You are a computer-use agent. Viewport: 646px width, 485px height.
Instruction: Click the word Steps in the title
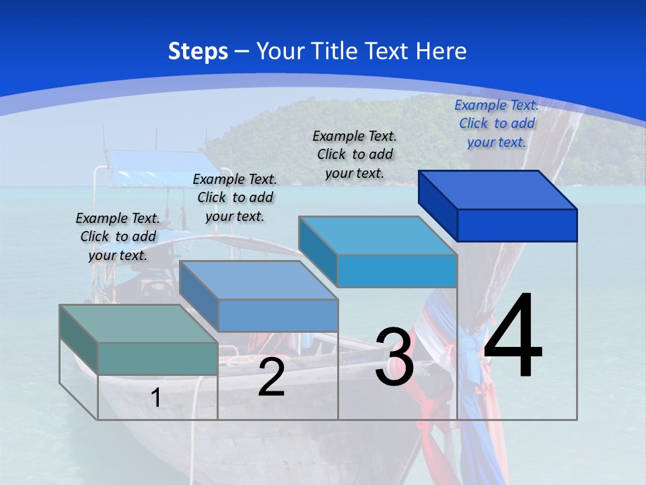pyautogui.click(x=198, y=51)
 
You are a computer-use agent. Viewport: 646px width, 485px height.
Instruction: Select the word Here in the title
pyautogui.click(x=441, y=51)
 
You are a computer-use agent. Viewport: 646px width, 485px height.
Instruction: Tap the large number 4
pyautogui.click(x=513, y=337)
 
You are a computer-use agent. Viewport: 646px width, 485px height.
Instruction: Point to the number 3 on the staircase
pyautogui.click(x=394, y=357)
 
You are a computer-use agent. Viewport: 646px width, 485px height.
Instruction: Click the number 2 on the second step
pyautogui.click(x=271, y=377)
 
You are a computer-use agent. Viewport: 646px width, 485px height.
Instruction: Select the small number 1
pyautogui.click(x=155, y=398)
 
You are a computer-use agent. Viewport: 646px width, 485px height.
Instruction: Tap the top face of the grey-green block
pyautogui.click(x=139, y=324)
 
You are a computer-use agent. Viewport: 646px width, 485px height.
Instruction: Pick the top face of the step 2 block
pyautogui.click(x=258, y=280)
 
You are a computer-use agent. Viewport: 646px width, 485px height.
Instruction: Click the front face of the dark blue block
pyautogui.click(x=517, y=225)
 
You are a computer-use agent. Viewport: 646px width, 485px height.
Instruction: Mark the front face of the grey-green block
pyautogui.click(x=157, y=358)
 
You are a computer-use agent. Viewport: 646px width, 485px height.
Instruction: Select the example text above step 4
pyautogui.click(x=497, y=123)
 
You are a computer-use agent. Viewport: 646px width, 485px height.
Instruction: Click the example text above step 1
pyautogui.click(x=118, y=236)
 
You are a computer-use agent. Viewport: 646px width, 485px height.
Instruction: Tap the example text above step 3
pyautogui.click(x=355, y=154)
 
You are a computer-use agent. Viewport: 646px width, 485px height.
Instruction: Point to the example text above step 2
pyautogui.click(x=235, y=197)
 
